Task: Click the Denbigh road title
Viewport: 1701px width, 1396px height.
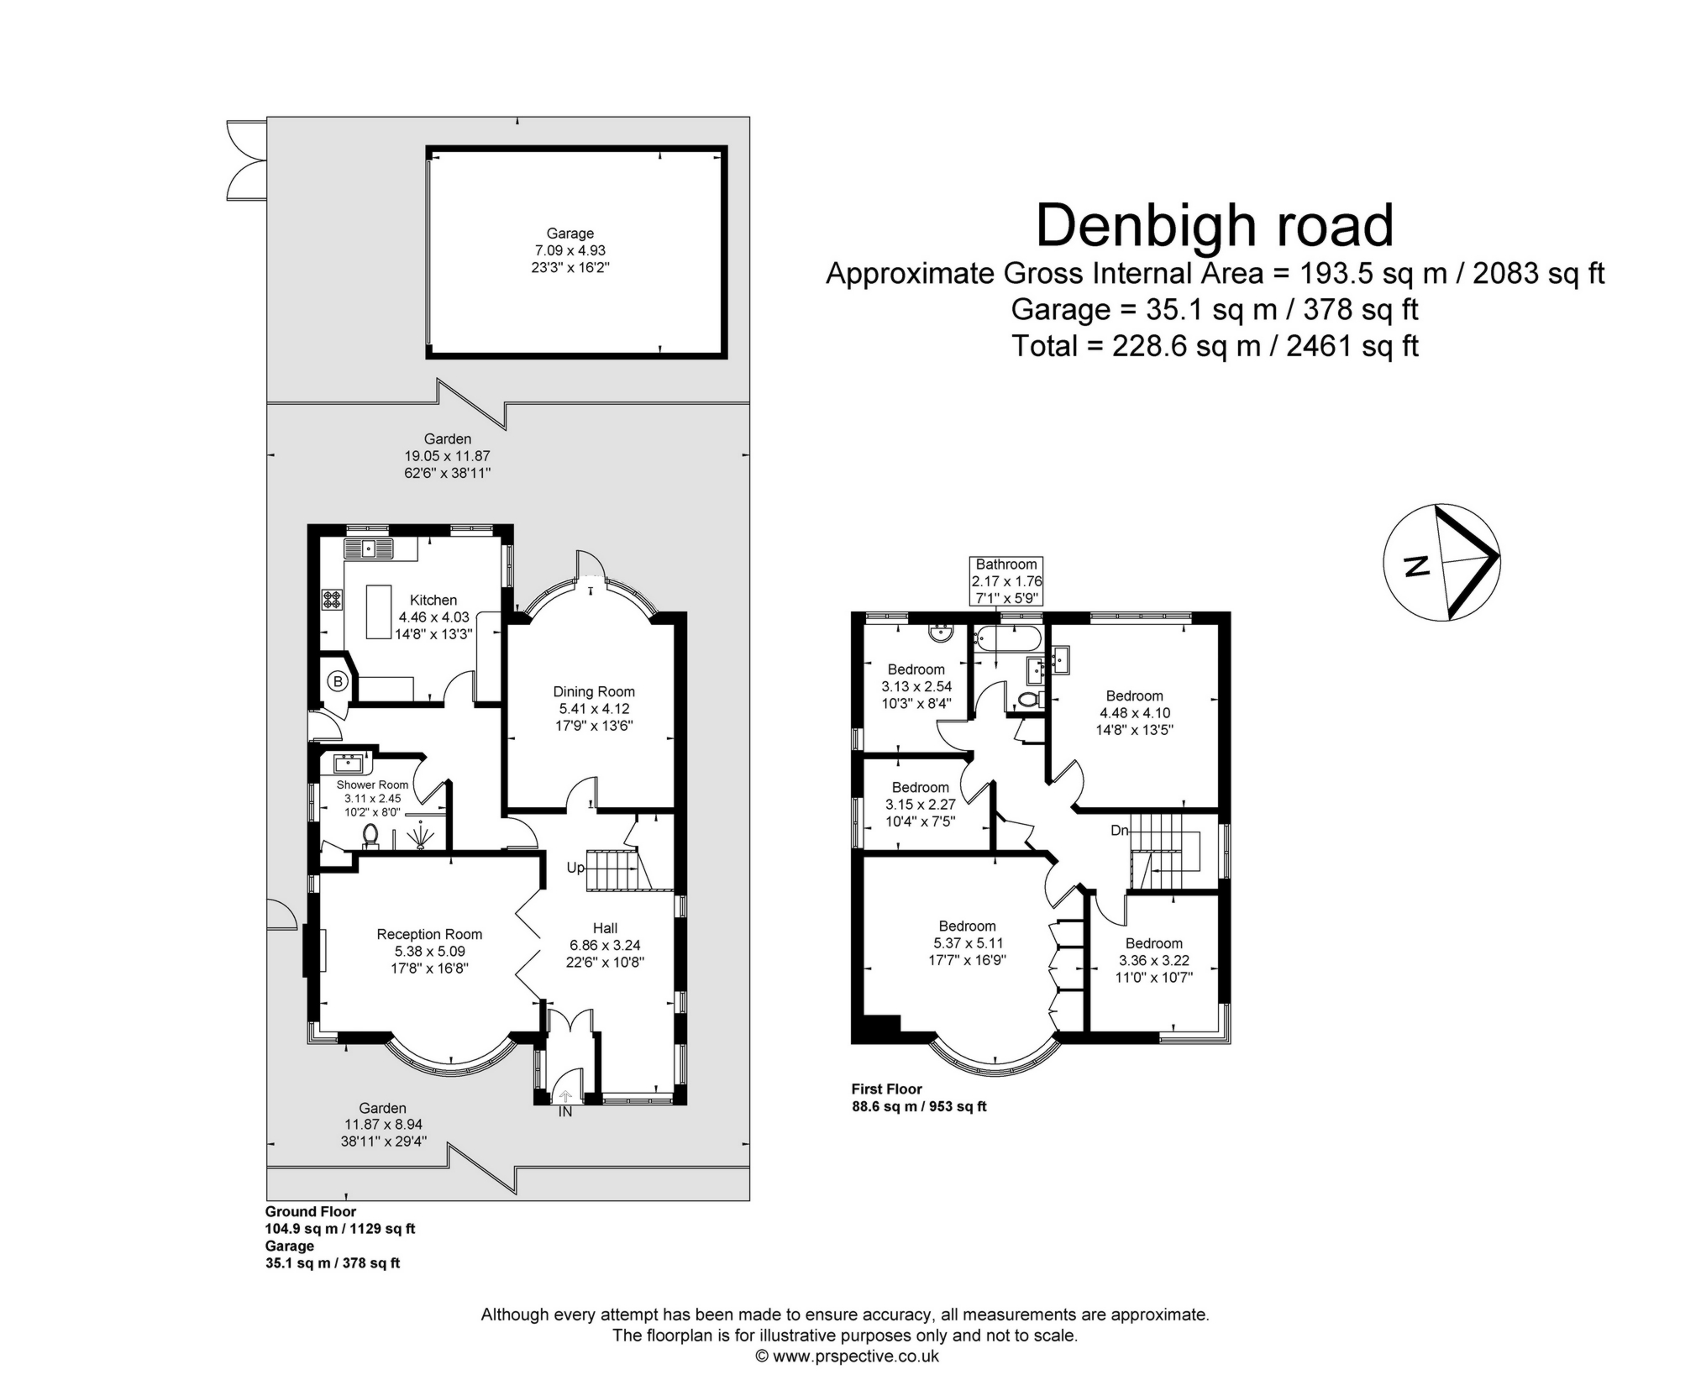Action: pyautogui.click(x=1215, y=226)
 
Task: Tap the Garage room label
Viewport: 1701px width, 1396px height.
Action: pyautogui.click(x=570, y=234)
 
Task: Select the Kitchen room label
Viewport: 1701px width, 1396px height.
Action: pyautogui.click(x=433, y=600)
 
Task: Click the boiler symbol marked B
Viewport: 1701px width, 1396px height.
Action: pyautogui.click(x=338, y=681)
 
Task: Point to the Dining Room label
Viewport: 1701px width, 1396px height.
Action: pyautogui.click(x=593, y=691)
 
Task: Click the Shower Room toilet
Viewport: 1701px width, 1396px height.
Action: pyautogui.click(x=370, y=835)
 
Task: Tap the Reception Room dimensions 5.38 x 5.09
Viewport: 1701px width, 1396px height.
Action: pyautogui.click(x=429, y=951)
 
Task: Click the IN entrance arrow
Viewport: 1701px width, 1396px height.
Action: pyautogui.click(x=565, y=1096)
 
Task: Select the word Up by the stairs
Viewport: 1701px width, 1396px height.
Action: pyautogui.click(x=575, y=868)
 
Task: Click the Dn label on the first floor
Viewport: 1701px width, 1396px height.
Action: pyautogui.click(x=1119, y=830)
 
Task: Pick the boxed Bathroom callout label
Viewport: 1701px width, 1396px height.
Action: pyautogui.click(x=1006, y=564)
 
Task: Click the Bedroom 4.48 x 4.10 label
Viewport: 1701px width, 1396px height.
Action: pyautogui.click(x=1134, y=695)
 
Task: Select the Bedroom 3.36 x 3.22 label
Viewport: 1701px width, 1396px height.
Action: pyautogui.click(x=1153, y=943)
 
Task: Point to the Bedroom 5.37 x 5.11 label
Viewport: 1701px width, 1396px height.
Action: pyautogui.click(x=967, y=926)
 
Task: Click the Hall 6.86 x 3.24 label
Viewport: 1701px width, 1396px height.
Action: pyautogui.click(x=605, y=928)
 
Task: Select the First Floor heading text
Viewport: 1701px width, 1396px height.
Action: pyautogui.click(x=887, y=1089)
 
